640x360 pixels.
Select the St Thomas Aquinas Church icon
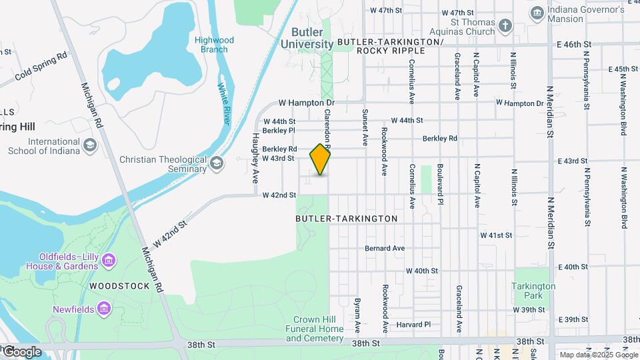click(x=506, y=26)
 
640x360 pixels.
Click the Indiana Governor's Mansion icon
click(x=537, y=13)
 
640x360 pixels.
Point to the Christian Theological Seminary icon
click(x=217, y=163)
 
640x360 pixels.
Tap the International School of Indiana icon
click(x=89, y=145)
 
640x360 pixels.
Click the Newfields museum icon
click(x=103, y=308)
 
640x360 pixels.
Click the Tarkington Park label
click(x=533, y=291)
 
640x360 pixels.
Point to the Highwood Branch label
click(x=211, y=45)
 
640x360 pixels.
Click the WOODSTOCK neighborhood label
click(x=116, y=286)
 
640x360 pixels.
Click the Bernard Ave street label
click(x=385, y=249)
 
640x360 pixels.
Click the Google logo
click(x=21, y=352)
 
